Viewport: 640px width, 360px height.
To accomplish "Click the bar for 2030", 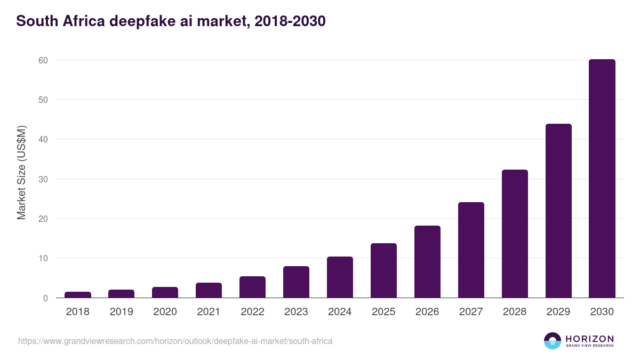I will (602, 179).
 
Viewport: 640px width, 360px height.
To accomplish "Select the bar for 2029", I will (558, 211).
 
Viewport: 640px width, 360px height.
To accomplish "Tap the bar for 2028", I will (515, 234).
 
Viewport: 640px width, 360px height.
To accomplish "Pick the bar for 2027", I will (471, 250).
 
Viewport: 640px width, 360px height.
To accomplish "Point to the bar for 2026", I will (427, 261).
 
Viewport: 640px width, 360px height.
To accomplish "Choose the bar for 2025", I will (383, 270).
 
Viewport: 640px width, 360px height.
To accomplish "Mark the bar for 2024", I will (340, 277).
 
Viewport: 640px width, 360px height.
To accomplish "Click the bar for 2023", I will (296, 282).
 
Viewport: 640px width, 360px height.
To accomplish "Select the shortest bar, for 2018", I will (78, 295).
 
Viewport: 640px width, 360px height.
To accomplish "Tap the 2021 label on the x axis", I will (209, 312).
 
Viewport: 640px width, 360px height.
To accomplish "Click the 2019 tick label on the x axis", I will (122, 312).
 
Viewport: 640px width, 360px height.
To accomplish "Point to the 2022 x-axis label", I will (252, 312).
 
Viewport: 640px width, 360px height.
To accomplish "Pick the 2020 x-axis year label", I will (165, 312).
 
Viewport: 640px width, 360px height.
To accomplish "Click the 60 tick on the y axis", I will (43, 60).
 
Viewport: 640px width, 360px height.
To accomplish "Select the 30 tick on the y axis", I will (43, 179).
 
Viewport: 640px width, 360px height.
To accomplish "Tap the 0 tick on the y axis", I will (45, 298).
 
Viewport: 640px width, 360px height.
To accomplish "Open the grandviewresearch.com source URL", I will (175, 341).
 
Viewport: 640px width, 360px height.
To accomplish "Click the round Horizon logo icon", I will (553, 341).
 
